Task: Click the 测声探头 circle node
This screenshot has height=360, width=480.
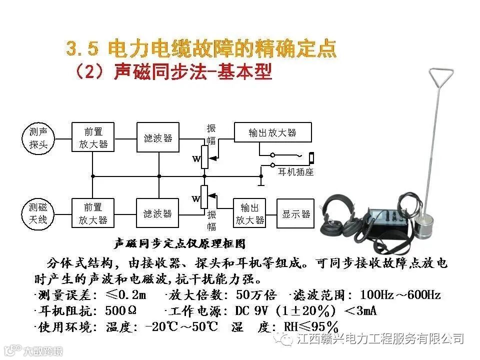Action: click(38, 138)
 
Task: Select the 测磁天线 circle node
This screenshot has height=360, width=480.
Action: click(38, 213)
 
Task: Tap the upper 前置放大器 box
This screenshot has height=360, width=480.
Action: click(93, 138)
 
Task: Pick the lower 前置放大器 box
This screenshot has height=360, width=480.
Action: click(93, 213)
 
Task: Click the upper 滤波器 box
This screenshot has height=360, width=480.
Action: click(158, 138)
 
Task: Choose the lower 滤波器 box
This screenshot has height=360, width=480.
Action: click(158, 213)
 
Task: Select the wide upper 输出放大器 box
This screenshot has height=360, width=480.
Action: click(272, 132)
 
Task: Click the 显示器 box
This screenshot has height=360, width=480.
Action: click(296, 213)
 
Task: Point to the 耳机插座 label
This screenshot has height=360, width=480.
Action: click(295, 172)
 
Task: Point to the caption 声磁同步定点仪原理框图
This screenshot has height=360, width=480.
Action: click(180, 244)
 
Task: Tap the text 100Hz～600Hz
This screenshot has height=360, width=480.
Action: click(400, 295)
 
